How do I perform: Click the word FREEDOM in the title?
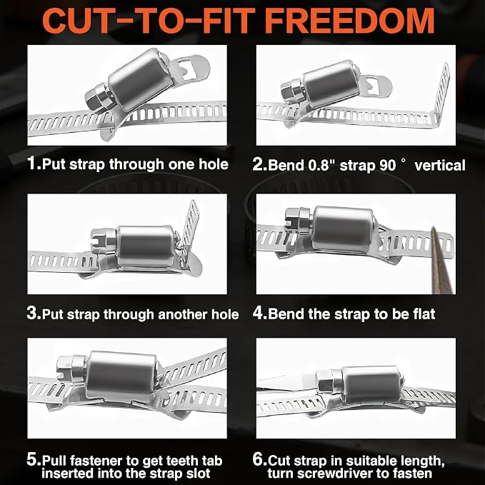[349, 21]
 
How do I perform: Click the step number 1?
[33, 163]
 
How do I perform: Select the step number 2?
[259, 164]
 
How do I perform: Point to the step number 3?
[33, 313]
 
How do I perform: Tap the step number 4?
[259, 313]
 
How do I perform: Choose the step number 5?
[33, 459]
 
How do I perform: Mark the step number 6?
[259, 459]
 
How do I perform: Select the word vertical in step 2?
[440, 165]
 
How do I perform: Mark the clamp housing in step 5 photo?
[121, 375]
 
